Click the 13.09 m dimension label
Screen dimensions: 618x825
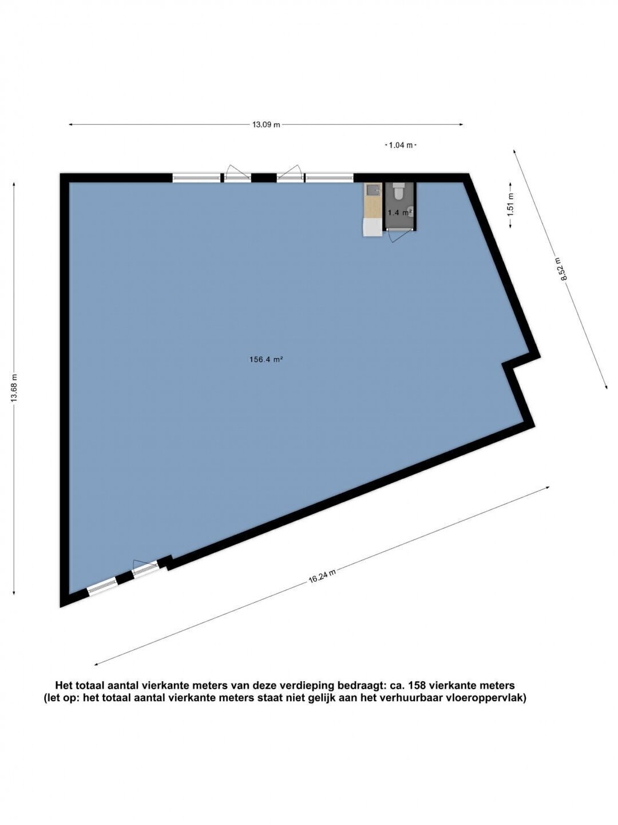tap(266, 125)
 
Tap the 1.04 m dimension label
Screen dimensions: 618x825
tap(401, 145)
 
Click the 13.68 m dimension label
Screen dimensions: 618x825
tap(14, 388)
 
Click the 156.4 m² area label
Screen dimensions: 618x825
tap(266, 360)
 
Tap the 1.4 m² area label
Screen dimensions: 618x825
tap(401, 213)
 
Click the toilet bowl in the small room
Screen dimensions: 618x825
tap(398, 192)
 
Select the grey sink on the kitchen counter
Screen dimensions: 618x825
tap(372, 191)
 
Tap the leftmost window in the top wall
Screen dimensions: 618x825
tap(197, 178)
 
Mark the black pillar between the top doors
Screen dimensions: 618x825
tap(264, 178)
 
